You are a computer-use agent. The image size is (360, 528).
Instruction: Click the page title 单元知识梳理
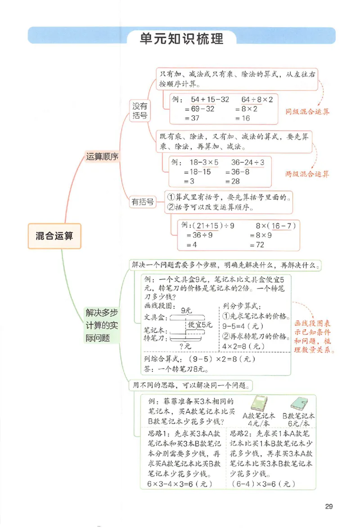click(181, 39)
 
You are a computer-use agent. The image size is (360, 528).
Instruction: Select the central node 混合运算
click(54, 236)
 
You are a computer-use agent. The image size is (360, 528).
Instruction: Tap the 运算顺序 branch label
click(102, 157)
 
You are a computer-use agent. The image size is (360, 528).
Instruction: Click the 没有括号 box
click(139, 111)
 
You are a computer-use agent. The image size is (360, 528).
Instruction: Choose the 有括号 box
click(142, 202)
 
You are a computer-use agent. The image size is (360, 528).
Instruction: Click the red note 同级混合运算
click(308, 111)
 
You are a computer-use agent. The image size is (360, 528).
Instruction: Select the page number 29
click(328, 507)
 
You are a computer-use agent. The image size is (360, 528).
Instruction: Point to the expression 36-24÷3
click(247, 162)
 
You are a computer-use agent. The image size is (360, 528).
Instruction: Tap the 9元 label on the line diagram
click(185, 310)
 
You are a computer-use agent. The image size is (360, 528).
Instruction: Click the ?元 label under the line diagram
click(185, 346)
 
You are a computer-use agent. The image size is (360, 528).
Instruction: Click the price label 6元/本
click(299, 424)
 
